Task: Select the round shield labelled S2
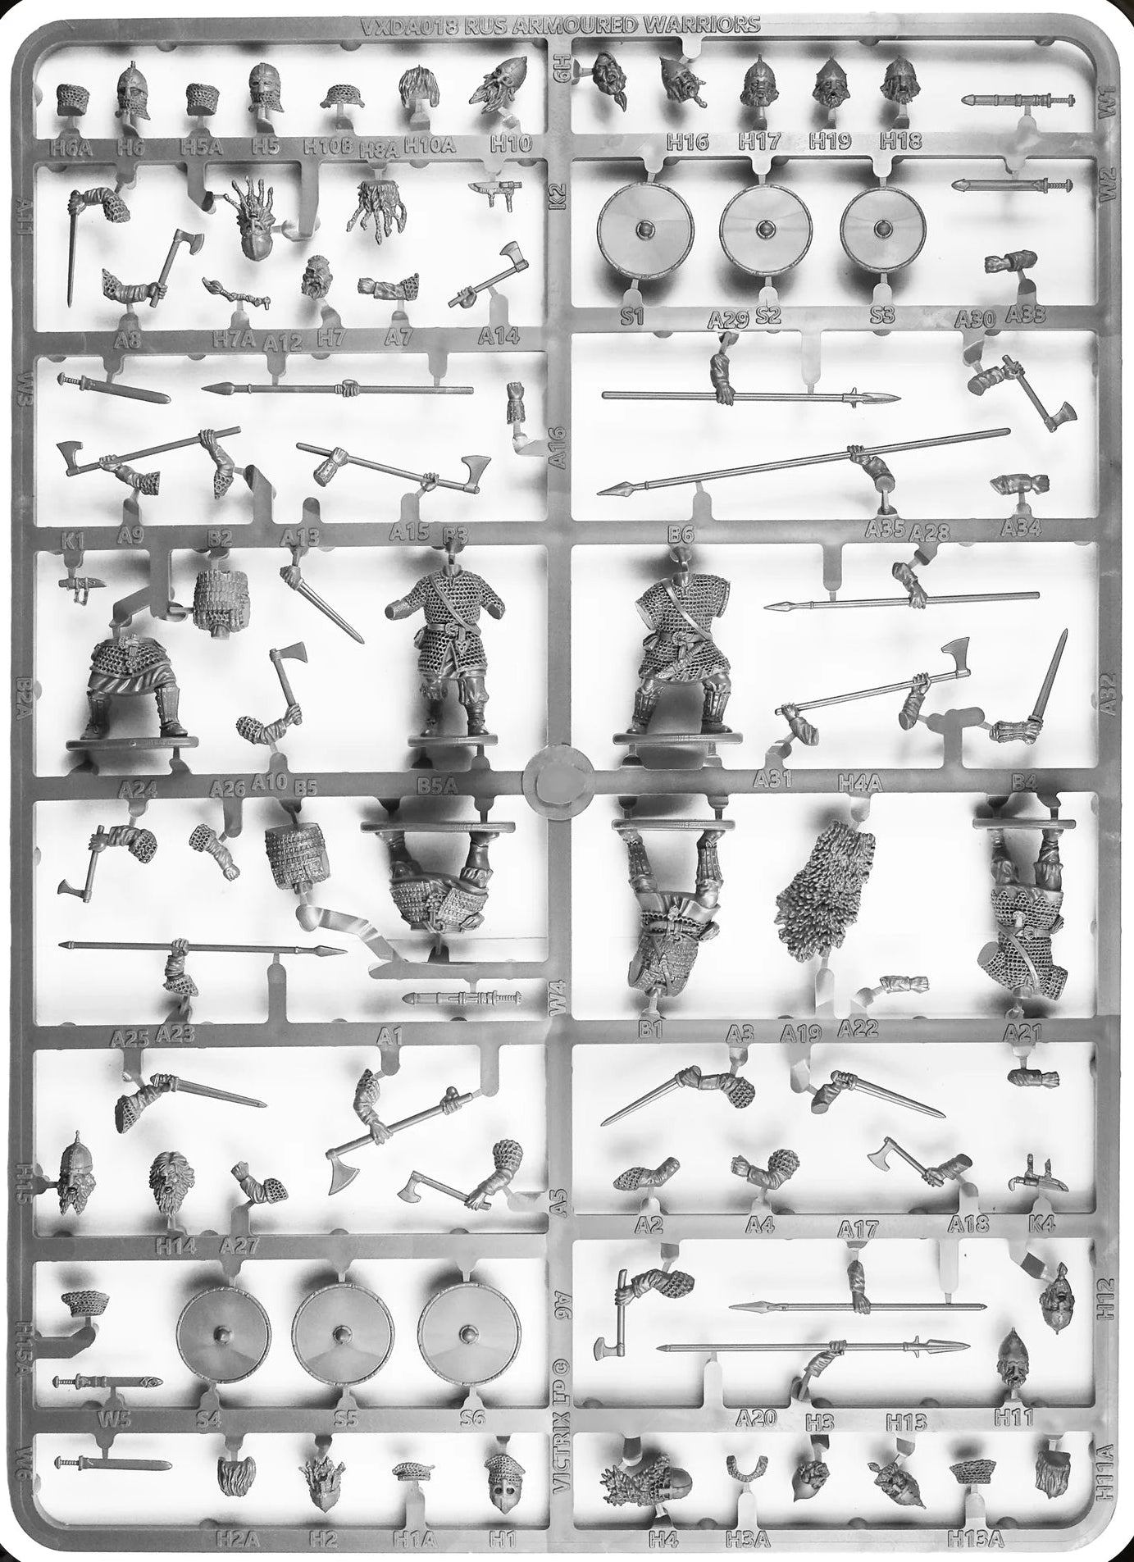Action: pyautogui.click(x=766, y=229)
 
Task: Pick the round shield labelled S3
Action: pyautogui.click(x=884, y=227)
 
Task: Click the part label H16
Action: pyautogui.click(x=687, y=142)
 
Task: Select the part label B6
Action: pyautogui.click(x=682, y=535)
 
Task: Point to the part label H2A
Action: pyautogui.click(x=234, y=1537)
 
